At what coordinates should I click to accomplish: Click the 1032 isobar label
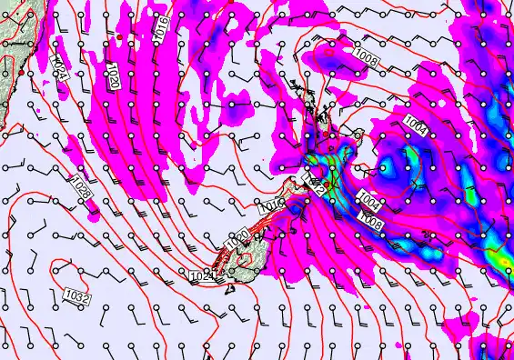(76, 295)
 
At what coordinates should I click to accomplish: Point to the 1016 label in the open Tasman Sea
(161, 27)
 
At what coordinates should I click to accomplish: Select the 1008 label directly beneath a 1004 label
(371, 219)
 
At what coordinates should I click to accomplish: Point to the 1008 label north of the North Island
(366, 56)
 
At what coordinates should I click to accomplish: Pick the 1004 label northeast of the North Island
(416, 123)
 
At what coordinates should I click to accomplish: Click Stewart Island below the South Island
(229, 288)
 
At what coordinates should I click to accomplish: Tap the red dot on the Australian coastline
(20, 71)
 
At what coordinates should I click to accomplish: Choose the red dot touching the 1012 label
(305, 181)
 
